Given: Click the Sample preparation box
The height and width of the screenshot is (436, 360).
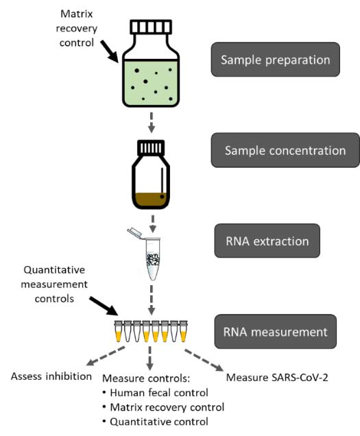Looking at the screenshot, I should [275, 60].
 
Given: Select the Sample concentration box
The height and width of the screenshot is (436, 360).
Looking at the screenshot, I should [285, 150].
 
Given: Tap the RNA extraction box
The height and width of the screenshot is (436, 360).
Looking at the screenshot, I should [276, 241].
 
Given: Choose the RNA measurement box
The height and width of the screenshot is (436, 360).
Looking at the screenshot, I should [275, 332].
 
